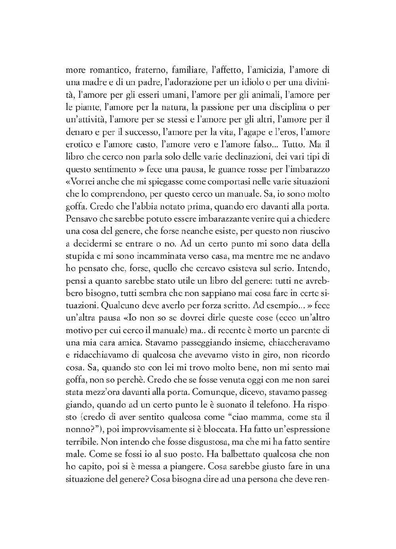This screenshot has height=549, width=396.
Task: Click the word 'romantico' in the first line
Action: point(105,71)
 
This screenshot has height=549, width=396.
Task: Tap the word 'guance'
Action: point(237,169)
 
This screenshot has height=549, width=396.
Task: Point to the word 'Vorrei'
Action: point(82,182)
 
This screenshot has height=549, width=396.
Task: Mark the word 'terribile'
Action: point(81,441)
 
